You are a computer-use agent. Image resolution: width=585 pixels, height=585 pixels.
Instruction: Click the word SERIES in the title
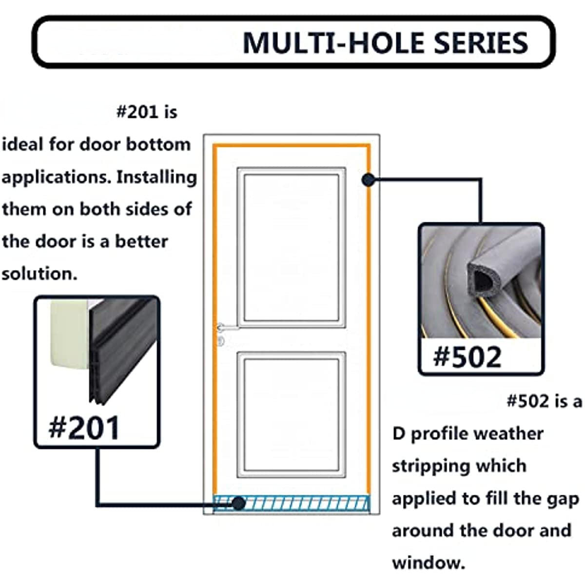click(481, 43)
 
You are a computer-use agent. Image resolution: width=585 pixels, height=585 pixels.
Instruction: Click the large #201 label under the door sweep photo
click(84, 428)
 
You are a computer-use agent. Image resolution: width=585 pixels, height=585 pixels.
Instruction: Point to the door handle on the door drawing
click(227, 328)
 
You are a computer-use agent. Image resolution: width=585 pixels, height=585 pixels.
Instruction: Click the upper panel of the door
click(291, 248)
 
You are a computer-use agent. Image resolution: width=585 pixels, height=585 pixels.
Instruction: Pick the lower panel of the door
click(291, 415)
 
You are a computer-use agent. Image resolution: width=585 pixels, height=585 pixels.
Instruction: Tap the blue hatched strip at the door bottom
click(292, 503)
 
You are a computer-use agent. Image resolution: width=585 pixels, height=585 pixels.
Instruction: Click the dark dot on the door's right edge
click(368, 180)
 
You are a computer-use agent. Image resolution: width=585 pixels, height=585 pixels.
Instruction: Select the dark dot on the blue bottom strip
click(238, 504)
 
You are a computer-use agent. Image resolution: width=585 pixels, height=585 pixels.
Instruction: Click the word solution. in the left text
click(39, 273)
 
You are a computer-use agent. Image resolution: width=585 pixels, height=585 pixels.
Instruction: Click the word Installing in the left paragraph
click(156, 177)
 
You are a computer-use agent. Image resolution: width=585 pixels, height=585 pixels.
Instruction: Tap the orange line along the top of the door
click(292, 146)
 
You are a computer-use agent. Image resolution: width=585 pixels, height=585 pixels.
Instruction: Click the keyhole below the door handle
click(221, 341)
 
